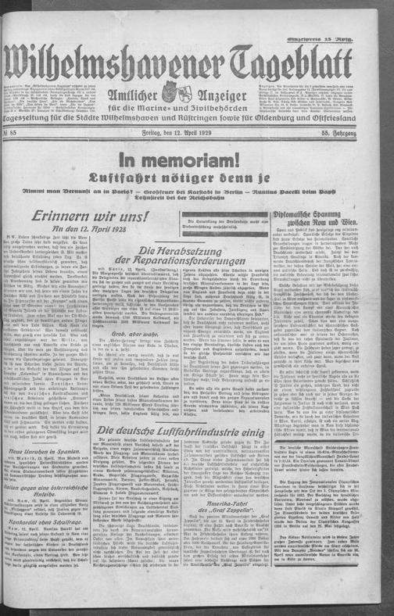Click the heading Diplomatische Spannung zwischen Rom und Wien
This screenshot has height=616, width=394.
323,226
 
